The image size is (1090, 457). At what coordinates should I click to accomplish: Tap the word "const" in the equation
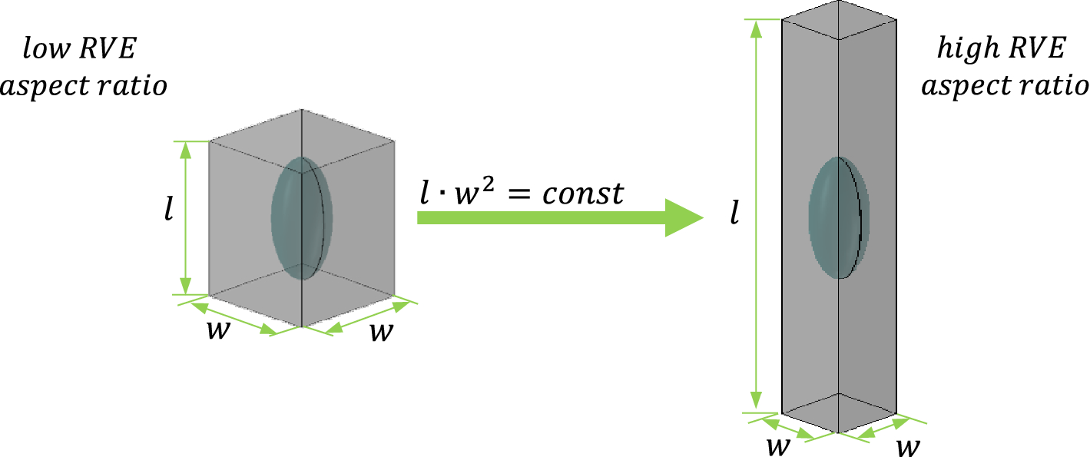[x=582, y=194]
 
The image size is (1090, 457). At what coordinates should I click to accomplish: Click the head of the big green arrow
[x=683, y=217]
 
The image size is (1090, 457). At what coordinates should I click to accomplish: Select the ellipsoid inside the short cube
[x=303, y=217]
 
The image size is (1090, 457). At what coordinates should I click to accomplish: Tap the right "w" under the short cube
[x=383, y=333]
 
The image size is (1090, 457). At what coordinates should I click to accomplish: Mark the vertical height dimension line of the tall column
[x=757, y=215]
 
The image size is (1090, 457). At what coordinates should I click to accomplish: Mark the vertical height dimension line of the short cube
[x=184, y=217]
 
